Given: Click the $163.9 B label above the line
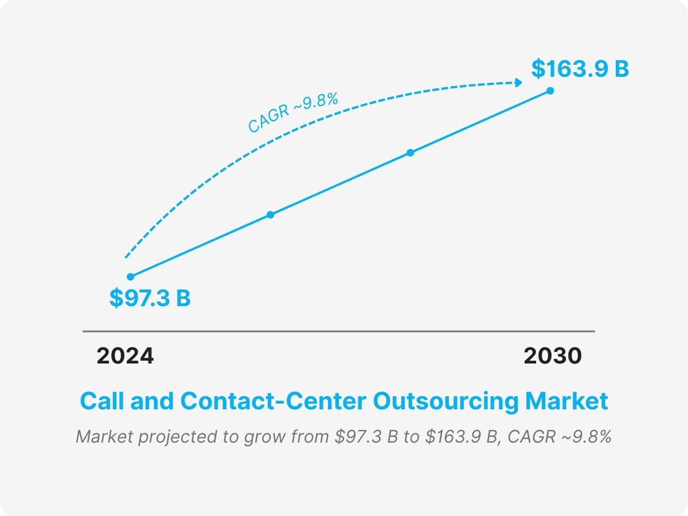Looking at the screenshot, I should pyautogui.click(x=580, y=69).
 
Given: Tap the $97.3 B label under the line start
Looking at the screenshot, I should pyautogui.click(x=150, y=299).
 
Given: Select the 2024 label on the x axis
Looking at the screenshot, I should pyautogui.click(x=125, y=356).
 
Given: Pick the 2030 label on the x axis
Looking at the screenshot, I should pyautogui.click(x=552, y=356).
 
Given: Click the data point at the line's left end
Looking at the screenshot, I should pyautogui.click(x=130, y=277).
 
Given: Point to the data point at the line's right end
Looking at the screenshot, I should pyautogui.click(x=550, y=91).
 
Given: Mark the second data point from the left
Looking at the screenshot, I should pyautogui.click(x=271, y=215).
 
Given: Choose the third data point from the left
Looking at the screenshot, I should pyautogui.click(x=410, y=153).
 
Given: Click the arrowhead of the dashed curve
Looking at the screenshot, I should pyautogui.click(x=519, y=83).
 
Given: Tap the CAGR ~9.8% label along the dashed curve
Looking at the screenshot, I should pyautogui.click(x=293, y=113).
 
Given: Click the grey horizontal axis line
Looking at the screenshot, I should pyautogui.click(x=338, y=331).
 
